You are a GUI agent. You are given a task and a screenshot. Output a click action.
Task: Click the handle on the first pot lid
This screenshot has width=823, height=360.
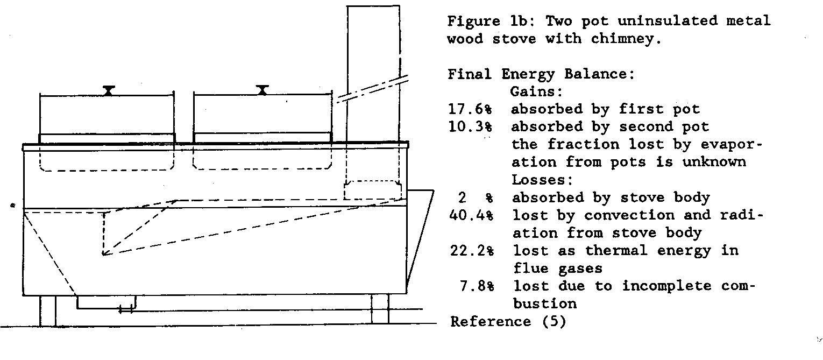(x=109, y=90)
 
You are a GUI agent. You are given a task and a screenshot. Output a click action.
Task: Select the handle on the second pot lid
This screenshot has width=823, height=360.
(x=262, y=90)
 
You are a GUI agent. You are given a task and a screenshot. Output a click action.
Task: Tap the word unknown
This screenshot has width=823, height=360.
(x=715, y=163)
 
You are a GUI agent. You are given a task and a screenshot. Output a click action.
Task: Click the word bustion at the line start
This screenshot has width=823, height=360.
(x=544, y=304)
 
